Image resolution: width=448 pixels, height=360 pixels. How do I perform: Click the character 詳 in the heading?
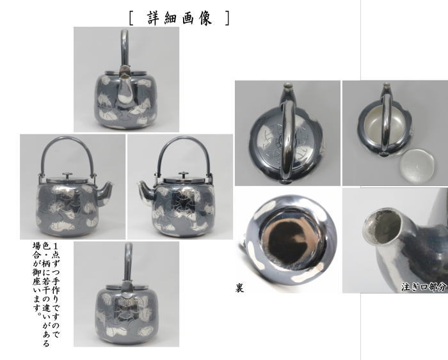(x=147, y=18)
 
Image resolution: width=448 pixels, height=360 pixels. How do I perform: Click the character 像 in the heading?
(x=207, y=18)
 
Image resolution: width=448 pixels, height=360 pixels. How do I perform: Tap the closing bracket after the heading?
(x=227, y=18)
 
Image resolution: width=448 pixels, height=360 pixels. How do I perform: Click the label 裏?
(x=239, y=288)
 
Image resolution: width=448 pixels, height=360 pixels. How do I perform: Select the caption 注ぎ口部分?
(x=424, y=286)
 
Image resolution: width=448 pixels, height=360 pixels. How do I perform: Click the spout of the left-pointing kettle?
(x=143, y=187)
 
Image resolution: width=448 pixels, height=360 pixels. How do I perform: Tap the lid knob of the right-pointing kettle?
(x=68, y=174)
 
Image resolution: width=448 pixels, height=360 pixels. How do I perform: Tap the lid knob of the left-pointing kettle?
(x=182, y=174)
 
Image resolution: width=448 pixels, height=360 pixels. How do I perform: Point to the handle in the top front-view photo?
(x=125, y=45)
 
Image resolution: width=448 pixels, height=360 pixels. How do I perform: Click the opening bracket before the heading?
(x=131, y=18)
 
